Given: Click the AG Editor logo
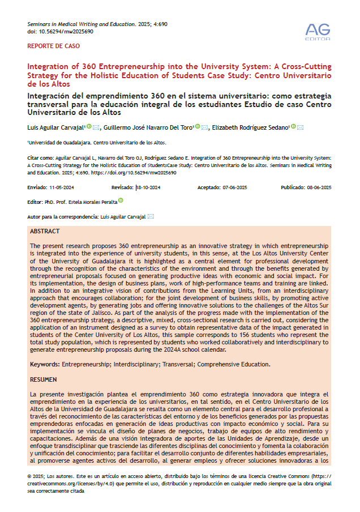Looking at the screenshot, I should [318, 31].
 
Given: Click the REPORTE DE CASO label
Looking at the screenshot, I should [54, 46].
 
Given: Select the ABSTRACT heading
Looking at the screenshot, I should [45, 232].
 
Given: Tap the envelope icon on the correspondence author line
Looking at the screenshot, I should [151, 216].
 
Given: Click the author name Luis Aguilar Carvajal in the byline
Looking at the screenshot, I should [56, 127].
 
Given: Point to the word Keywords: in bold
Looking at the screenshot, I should [45, 364].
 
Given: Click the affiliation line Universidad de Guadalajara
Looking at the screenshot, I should [96, 143].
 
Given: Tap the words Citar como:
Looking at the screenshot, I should [41, 160].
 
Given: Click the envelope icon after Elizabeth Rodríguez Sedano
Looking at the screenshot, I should [300, 127].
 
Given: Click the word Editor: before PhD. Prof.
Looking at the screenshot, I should [35, 202].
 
